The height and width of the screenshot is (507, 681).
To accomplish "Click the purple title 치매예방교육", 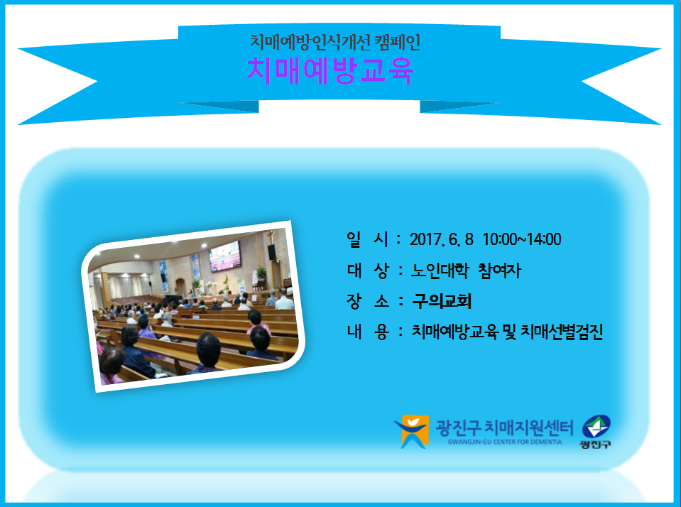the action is pos(330,71).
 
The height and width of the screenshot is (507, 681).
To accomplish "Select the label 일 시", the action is pos(367,239).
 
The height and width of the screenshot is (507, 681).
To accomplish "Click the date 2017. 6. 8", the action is pos(441,239).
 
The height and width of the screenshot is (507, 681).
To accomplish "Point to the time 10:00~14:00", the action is pos(522,239).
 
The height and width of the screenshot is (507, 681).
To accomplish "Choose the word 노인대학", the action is pos(440,271).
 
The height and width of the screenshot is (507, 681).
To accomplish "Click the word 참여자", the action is pos(499,271).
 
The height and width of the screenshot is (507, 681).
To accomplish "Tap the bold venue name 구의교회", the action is pos(442,301).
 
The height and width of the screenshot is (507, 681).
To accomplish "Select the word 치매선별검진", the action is pos(562,332).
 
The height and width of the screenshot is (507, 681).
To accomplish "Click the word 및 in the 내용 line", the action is pos(508,332).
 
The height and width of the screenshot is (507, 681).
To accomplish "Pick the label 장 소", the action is pos(367,301).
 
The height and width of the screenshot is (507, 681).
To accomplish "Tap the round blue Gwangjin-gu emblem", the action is pos(596,426).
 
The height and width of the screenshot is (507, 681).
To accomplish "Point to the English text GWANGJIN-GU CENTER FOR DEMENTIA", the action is pos(505,442).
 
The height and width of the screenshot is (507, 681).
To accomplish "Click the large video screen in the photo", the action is pos(225,256).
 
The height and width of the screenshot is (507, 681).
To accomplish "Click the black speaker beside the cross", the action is pos(272,252).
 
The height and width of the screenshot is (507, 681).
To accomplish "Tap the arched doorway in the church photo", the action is pos(180,287).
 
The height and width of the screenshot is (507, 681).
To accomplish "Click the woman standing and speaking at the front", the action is pos(190,294).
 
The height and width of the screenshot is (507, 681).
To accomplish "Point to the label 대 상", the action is pos(367,271).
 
